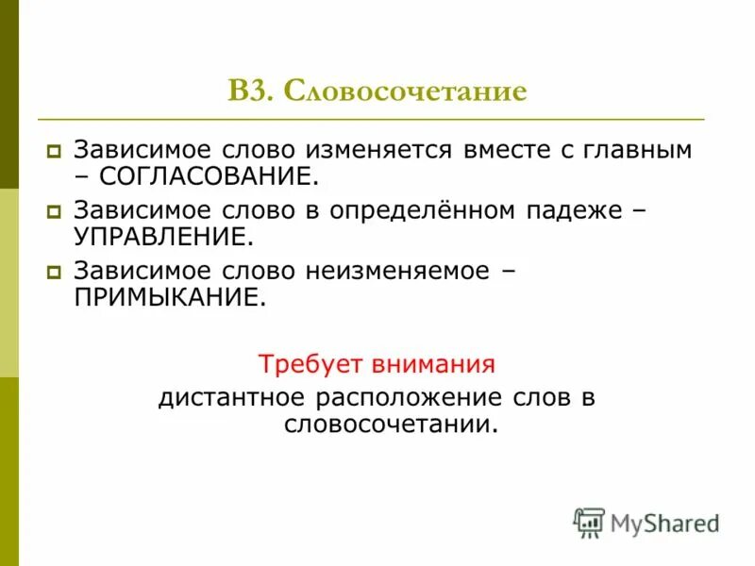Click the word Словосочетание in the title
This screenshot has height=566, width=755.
tap(404, 92)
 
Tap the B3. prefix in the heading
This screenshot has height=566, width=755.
tap(251, 92)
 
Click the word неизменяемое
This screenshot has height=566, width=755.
tap(396, 272)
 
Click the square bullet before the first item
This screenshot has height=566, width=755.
tap(55, 150)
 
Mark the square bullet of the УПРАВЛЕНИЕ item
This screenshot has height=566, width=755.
tap(55, 211)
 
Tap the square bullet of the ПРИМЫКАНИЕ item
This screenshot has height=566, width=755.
tap(55, 272)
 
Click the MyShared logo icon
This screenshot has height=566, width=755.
tap(589, 523)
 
